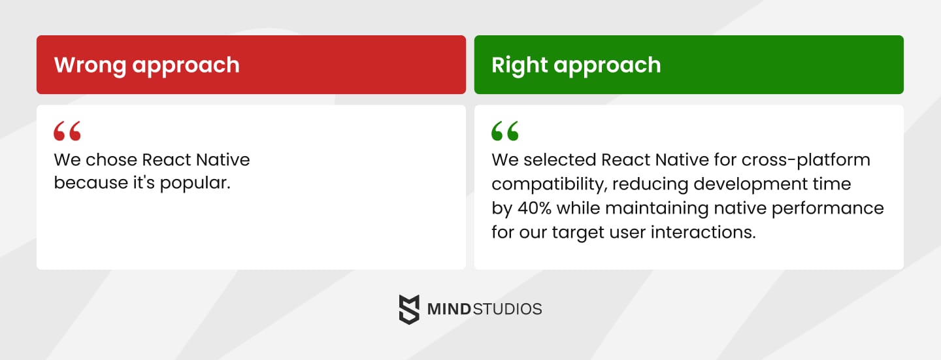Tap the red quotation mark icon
pyautogui.click(x=67, y=131)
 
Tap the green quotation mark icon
pyautogui.click(x=505, y=131)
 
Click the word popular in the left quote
pyautogui.click(x=198, y=183)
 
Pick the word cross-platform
pyautogui.click(x=806, y=159)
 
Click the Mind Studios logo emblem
pyautogui.click(x=409, y=309)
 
